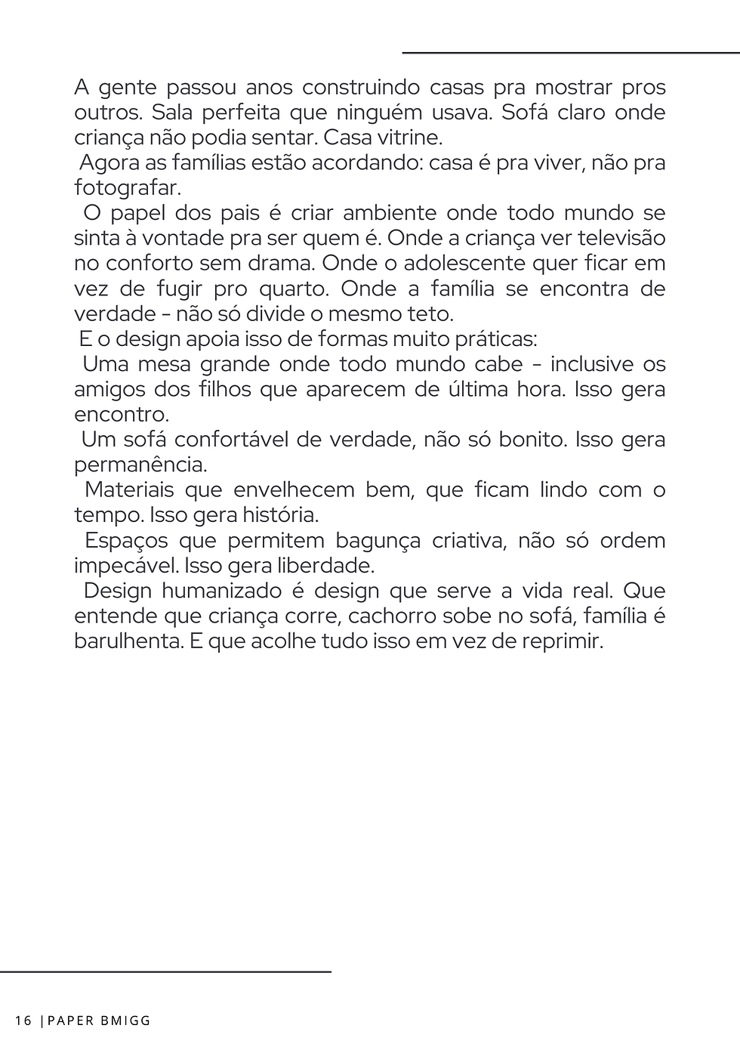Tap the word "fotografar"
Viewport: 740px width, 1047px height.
point(127,188)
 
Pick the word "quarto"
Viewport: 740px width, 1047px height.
point(294,289)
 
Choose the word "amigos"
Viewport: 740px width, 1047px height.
point(109,390)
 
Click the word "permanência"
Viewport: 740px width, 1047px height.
point(140,465)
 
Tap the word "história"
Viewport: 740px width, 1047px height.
point(279,515)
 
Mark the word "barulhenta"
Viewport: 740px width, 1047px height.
point(126,641)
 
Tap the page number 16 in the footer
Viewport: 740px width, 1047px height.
point(23,1021)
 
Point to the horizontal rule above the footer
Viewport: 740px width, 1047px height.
point(165,971)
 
